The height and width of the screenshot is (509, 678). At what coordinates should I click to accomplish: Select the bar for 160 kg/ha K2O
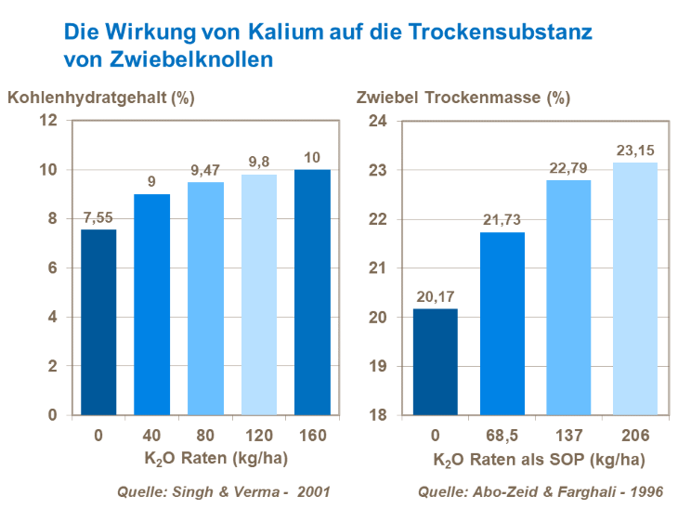point(312,292)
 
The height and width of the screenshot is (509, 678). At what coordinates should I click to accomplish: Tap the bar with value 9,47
point(204,298)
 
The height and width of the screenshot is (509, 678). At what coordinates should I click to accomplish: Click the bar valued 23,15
point(635,289)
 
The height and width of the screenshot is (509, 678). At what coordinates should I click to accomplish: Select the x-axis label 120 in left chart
point(258,433)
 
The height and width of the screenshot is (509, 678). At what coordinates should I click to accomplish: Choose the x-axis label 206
point(635,433)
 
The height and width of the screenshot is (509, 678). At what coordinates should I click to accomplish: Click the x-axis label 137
point(569,433)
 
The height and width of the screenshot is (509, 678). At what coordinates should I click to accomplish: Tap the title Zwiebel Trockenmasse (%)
point(463,97)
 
